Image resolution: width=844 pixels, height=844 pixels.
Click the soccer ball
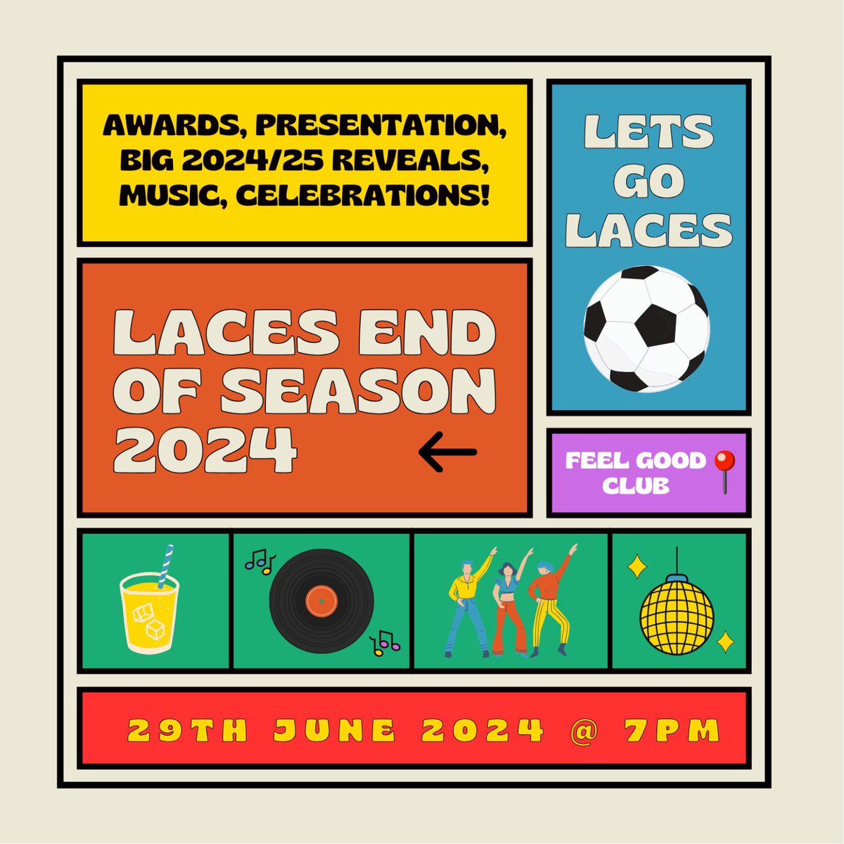point(646,328)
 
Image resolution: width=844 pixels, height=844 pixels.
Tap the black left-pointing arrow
point(448,452)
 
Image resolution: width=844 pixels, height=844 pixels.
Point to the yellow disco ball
point(677,611)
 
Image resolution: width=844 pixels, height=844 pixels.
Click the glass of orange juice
point(150,608)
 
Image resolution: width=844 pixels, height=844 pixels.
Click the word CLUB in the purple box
point(635,486)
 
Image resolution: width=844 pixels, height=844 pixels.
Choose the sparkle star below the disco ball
point(724,641)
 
